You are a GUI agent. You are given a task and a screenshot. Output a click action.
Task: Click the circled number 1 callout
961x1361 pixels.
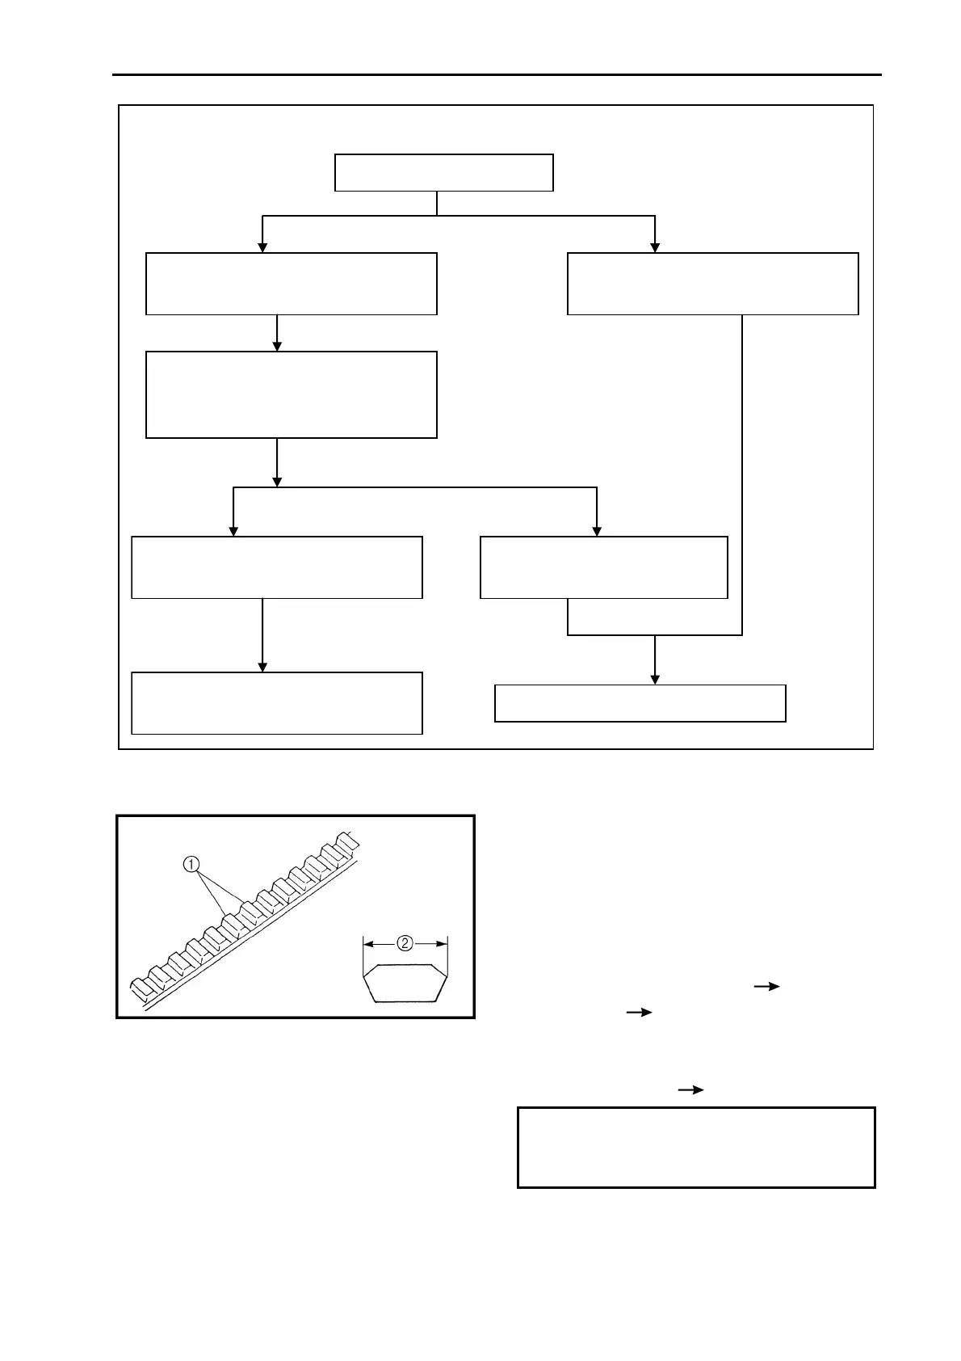click(191, 865)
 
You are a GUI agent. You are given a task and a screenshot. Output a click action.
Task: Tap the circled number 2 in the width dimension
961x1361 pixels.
click(405, 942)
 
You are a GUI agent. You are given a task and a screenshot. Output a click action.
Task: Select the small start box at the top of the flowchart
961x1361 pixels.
click(443, 172)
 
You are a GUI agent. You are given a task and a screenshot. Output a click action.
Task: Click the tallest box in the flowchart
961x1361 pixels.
click(291, 394)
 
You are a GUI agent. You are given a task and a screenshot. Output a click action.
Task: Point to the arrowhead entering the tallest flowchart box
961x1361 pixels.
click(277, 346)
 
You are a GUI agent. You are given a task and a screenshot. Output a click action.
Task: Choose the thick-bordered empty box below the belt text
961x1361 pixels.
click(695, 1147)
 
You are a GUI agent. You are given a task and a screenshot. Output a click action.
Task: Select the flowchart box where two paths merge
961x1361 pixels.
click(640, 703)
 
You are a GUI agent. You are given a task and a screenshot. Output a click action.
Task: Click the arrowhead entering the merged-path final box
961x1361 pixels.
click(655, 679)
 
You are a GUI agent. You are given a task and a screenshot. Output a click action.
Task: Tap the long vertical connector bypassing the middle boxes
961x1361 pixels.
click(742, 477)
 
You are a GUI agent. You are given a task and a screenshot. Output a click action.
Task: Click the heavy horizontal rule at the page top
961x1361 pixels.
click(496, 75)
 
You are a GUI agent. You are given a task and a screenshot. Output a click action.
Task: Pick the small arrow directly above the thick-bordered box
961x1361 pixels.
click(690, 1089)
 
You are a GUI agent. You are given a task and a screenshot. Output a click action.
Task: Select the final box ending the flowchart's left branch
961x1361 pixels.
click(276, 703)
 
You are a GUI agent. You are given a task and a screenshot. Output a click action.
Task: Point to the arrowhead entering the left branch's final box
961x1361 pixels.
click(262, 667)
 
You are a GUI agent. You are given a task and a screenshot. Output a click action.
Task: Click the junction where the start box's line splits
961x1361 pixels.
click(437, 216)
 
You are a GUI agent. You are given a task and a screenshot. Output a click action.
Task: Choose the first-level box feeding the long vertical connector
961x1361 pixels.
click(712, 284)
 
